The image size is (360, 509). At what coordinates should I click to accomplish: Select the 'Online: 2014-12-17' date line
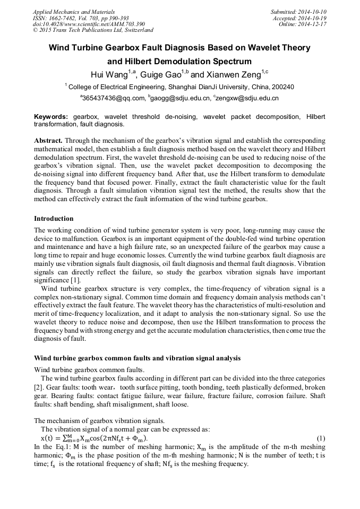pos(302,24)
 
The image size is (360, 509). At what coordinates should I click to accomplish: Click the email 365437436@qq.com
pos(114,98)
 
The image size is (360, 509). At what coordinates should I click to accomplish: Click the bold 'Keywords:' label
pos(51,116)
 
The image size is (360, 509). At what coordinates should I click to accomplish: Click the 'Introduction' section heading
pos(54,218)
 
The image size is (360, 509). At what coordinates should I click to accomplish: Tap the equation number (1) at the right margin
pos(320,438)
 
